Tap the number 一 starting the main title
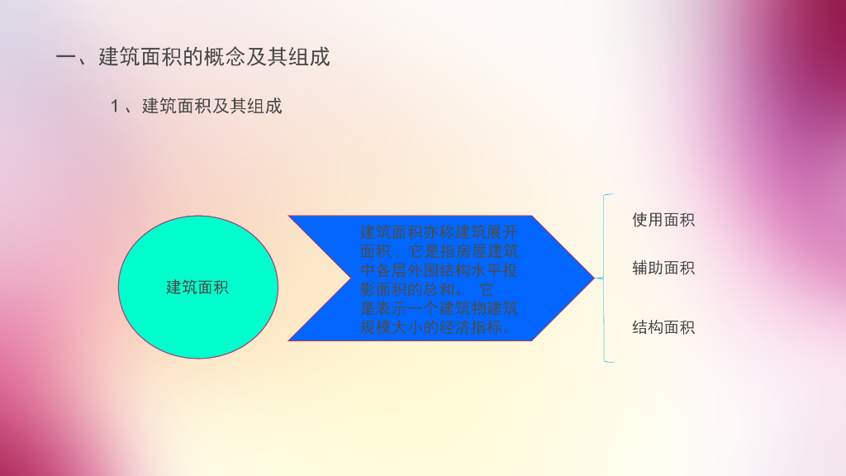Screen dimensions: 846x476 pyautogui.click(x=65, y=57)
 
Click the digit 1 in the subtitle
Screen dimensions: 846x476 pyautogui.click(x=116, y=106)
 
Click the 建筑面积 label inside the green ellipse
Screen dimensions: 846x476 pyautogui.click(x=197, y=288)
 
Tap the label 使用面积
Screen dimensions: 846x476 pyautogui.click(x=663, y=220)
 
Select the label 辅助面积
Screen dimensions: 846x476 pyautogui.click(x=663, y=268)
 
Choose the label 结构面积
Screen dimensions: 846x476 pyautogui.click(x=663, y=327)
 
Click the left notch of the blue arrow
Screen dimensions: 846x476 pyautogui.click(x=347, y=278)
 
